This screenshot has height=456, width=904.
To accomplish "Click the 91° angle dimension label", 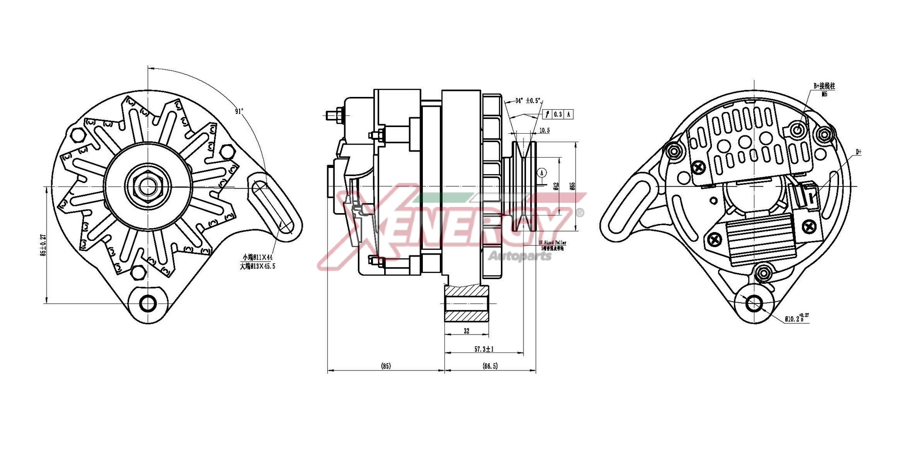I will (x=239, y=112).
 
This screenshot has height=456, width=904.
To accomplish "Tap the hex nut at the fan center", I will (x=148, y=187).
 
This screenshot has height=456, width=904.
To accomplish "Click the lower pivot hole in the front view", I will (x=148, y=304).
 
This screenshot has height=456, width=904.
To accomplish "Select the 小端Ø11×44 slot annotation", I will (x=258, y=257).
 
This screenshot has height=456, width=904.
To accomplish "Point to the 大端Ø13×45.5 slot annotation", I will (x=258, y=266).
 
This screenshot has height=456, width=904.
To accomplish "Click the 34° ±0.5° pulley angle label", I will (x=528, y=101).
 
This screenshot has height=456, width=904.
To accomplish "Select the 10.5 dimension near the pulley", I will (x=544, y=131).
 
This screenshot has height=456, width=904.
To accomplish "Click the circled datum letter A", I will (x=542, y=173).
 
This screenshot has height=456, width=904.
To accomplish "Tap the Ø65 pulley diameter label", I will (x=573, y=186).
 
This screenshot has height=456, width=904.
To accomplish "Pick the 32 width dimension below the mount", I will (x=466, y=331).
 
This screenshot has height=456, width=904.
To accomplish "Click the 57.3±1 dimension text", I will (x=484, y=350).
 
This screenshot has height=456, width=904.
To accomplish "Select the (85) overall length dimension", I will (x=386, y=366).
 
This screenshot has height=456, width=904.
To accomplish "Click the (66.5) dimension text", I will (x=490, y=366).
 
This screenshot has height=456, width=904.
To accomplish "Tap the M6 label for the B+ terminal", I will (x=824, y=94).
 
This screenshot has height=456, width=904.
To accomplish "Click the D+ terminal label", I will (x=858, y=152).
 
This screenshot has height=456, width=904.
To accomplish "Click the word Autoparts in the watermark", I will (x=520, y=256).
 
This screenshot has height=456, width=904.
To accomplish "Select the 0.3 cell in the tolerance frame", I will (x=557, y=114).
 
